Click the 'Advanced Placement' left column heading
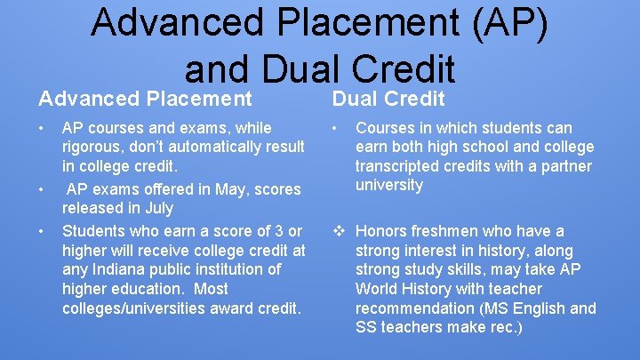click(146, 99)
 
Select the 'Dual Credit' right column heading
click(388, 99)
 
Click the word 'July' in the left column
click(157, 208)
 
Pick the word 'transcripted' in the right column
click(398, 166)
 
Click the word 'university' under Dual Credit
click(389, 185)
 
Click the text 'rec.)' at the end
click(504, 328)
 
